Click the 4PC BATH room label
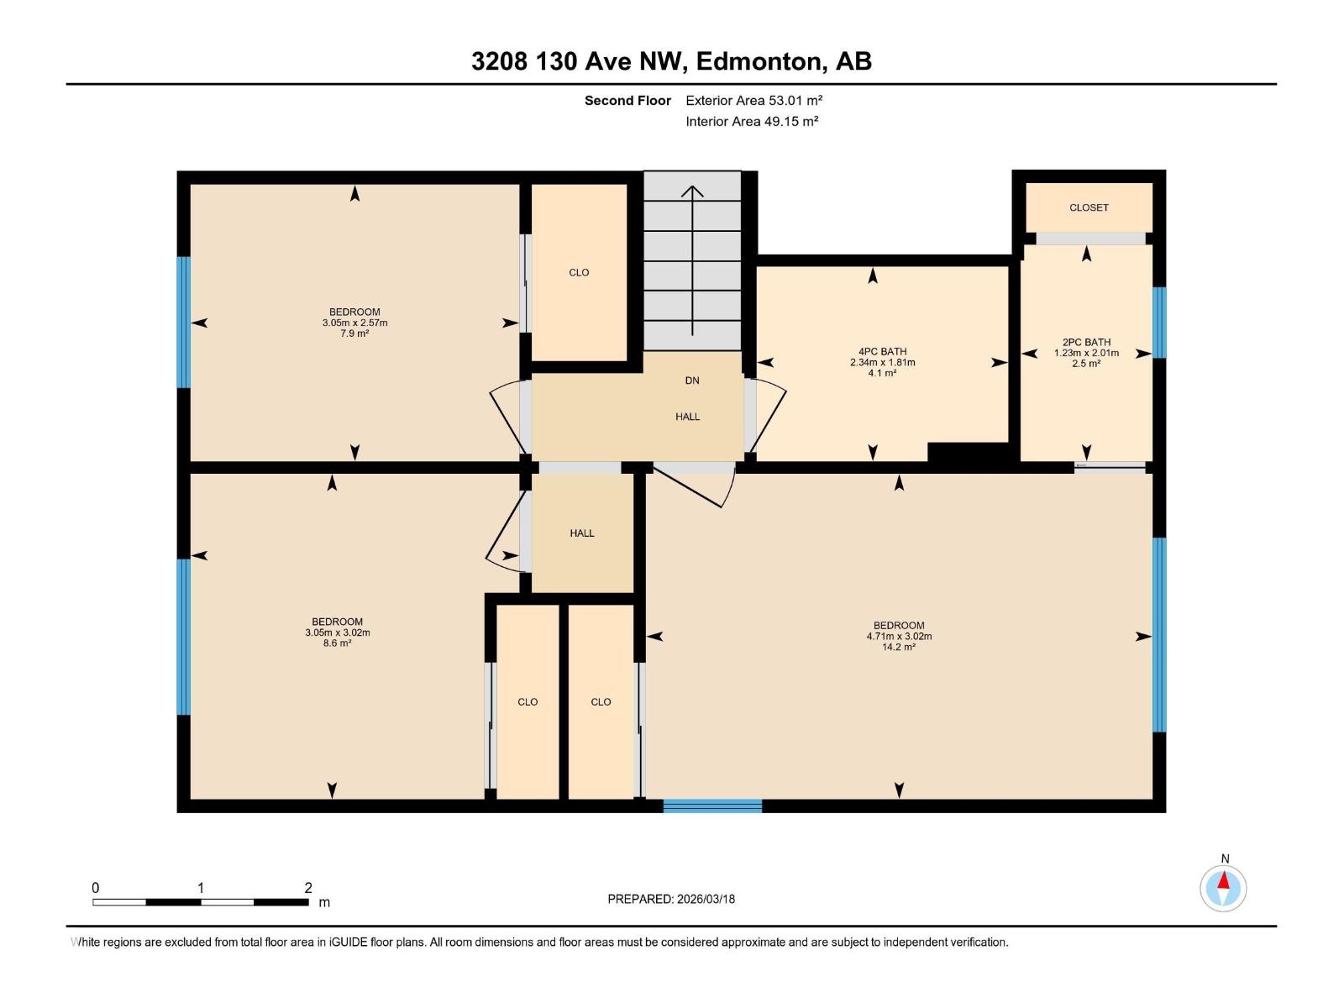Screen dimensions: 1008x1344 pos(882,352)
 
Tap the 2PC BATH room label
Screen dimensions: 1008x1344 pos(1086,342)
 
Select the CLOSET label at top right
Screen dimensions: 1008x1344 pos(1089,207)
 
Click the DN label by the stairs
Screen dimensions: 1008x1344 pos(692,381)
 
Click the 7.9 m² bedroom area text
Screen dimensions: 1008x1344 pos(354,333)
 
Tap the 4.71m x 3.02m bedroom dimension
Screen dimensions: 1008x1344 pos(899,637)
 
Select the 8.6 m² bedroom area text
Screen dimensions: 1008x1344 pos(337,643)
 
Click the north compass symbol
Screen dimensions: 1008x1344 pos(1223,888)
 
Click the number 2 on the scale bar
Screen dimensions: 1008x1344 pos(308,888)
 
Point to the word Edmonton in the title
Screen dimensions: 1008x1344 pos(759,61)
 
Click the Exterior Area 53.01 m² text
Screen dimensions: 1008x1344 pos(753,100)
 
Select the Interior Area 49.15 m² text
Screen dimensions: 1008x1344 pos(752,121)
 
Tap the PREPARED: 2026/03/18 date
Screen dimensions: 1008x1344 pos(671,899)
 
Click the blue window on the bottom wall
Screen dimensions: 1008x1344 pos(712,806)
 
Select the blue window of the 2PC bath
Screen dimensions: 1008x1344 pos(1159,323)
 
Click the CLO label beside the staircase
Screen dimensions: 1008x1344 pos(579,272)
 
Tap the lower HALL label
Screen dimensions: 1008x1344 pos(582,533)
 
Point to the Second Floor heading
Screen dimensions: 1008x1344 pos(627,101)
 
